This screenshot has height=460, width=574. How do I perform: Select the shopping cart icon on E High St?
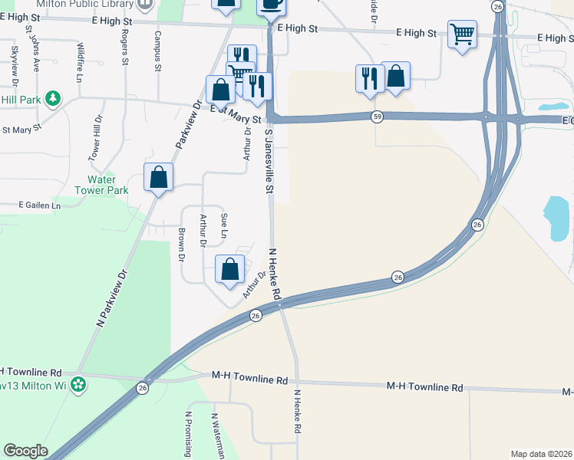pyautogui.click(x=462, y=34)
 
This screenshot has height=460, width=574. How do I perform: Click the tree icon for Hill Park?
pyautogui.click(x=53, y=98)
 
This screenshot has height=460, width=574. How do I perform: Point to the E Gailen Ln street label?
pyautogui.click(x=39, y=205)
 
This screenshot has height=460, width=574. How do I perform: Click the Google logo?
pyautogui.click(x=25, y=451)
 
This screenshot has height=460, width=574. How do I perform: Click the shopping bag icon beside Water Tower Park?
pyautogui.click(x=158, y=177)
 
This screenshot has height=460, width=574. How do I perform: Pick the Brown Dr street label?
pyautogui.click(x=182, y=245)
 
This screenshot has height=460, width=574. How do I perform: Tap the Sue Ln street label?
pyautogui.click(x=224, y=225)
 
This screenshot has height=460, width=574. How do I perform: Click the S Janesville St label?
pyautogui.click(x=269, y=160)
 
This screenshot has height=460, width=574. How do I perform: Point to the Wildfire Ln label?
pyautogui.click(x=80, y=62)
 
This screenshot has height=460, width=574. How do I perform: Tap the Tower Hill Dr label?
pyautogui.click(x=97, y=138)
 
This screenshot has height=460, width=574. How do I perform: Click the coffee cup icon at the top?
pyautogui.click(x=270, y=4)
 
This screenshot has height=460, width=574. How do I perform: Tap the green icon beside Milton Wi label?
pyautogui.click(x=78, y=383)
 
